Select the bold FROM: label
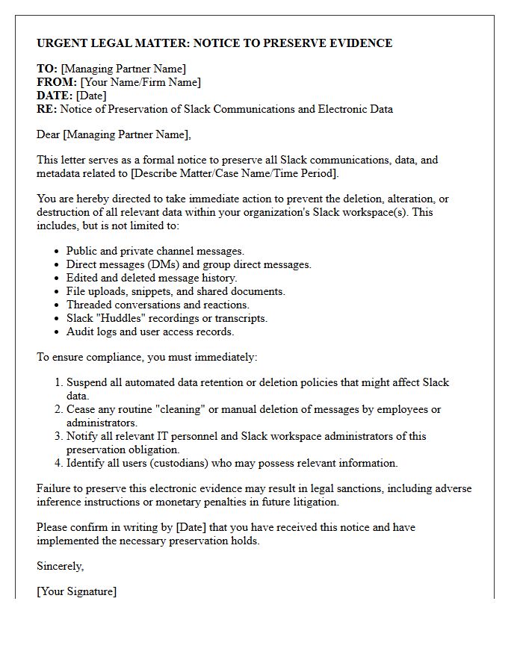tap(57, 82)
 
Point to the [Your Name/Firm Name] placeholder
tap(140, 82)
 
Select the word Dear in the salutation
tap(49, 134)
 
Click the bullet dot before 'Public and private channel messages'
tap(58, 252)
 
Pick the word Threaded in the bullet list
tap(90, 305)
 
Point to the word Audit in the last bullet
tap(79, 332)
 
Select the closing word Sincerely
tap(61, 566)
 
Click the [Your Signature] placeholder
tap(76, 591)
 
